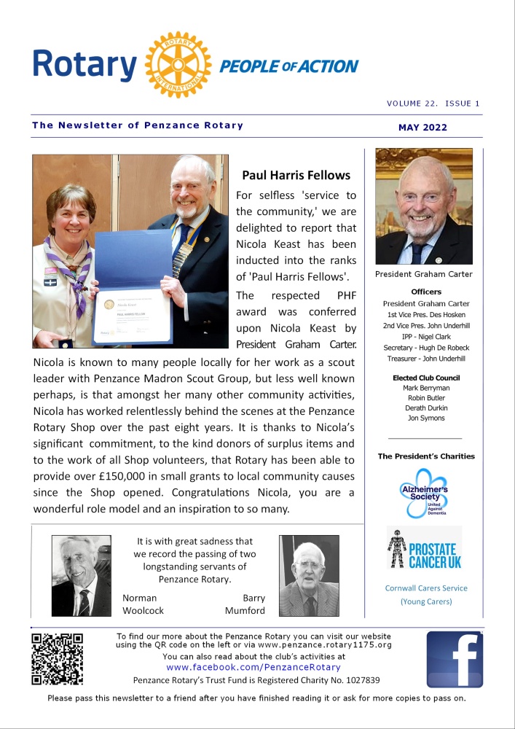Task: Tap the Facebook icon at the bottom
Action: point(455,659)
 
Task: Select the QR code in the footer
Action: point(57,659)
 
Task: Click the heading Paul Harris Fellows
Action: point(296,175)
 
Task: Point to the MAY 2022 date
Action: point(422,128)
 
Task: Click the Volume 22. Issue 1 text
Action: point(433,104)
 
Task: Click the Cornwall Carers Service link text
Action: point(426,588)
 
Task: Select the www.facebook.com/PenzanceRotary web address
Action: point(253,667)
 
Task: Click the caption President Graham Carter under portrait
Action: point(423,274)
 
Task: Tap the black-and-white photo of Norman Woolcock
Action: point(82,576)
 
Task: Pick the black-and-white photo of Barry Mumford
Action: point(309,576)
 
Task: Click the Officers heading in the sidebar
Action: point(426,292)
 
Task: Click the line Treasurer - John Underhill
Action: point(426,358)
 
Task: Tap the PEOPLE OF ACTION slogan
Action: point(289,67)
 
